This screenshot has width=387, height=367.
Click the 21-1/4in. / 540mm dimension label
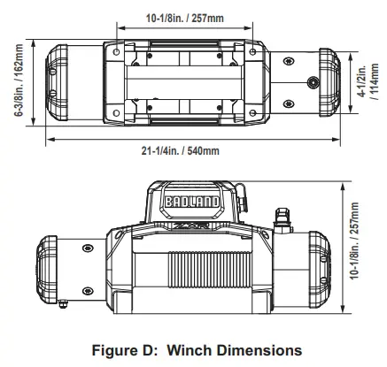pos(182,151)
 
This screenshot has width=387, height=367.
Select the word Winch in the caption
pos(186,350)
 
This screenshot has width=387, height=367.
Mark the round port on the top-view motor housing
pos(313,81)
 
